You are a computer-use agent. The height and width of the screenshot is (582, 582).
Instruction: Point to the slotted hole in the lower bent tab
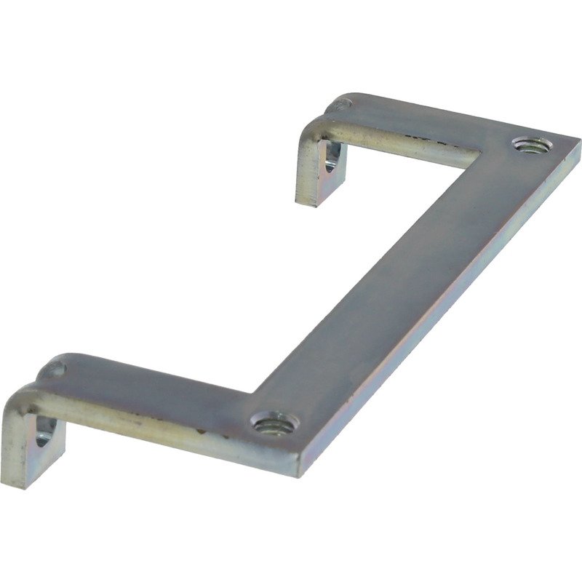tap(43, 435)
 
